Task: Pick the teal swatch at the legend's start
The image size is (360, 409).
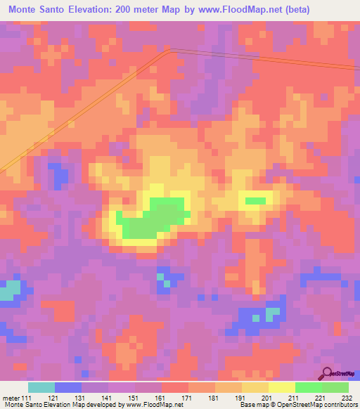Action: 41,387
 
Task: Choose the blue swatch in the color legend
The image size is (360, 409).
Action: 68,387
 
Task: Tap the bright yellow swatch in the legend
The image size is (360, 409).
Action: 282,387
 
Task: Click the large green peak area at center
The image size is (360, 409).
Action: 151,220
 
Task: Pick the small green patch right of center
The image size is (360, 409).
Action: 255,201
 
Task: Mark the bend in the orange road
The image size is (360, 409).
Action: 169,51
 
